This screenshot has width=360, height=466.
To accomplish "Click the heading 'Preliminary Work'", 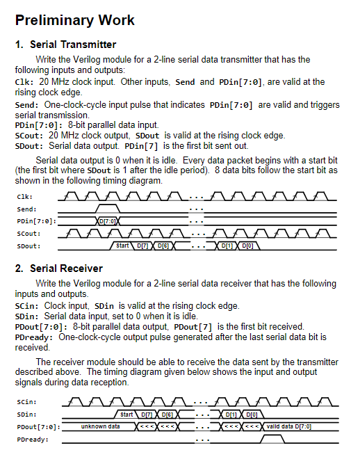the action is pos(74,20).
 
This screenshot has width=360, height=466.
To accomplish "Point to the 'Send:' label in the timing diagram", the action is pos(26,209).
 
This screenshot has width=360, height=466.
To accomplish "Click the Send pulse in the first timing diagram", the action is pos(107,207).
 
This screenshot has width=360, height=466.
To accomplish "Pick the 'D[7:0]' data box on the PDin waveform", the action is pos(107,221).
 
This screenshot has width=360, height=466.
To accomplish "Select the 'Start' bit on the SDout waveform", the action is pos(122,246).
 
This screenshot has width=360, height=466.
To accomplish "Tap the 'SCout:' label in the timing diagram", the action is pos(28,234).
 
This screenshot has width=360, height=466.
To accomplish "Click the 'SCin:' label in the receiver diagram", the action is pos(26,402).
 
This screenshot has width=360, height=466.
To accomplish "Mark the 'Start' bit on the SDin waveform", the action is pos(127,415).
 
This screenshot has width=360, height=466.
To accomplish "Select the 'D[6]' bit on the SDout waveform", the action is pos(163,246).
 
